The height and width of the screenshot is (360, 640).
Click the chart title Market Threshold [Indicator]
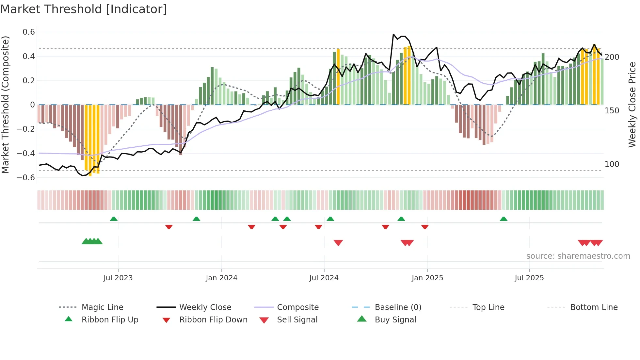click(x=84, y=9)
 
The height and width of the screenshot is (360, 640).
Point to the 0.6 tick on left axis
click(x=29, y=32)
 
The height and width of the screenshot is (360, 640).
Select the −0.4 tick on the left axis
click(x=26, y=153)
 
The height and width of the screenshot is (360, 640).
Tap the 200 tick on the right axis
click(x=612, y=57)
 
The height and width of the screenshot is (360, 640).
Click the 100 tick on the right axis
click(x=612, y=164)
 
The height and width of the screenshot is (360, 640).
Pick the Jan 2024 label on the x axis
click(x=221, y=278)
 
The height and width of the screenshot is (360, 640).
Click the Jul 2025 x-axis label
click(x=529, y=278)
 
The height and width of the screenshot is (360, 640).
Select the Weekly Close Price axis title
click(x=632, y=105)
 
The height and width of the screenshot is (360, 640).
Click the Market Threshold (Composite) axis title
click(x=5, y=105)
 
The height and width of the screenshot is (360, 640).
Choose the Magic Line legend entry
click(x=102, y=307)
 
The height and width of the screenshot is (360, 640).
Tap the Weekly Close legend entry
click(x=205, y=307)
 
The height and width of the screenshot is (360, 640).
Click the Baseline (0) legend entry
click(x=398, y=307)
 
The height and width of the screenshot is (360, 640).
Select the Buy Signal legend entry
click(x=395, y=320)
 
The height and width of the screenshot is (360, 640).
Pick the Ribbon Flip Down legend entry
click(x=213, y=320)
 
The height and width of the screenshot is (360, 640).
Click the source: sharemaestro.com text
click(x=578, y=256)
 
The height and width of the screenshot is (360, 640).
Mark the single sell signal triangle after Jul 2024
click(x=338, y=243)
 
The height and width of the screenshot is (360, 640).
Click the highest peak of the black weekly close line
click(x=393, y=34)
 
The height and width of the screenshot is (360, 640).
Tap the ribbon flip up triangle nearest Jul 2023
click(x=114, y=219)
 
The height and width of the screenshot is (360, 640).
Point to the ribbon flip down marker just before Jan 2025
click(x=425, y=227)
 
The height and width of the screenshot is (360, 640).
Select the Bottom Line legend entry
click(x=594, y=307)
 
